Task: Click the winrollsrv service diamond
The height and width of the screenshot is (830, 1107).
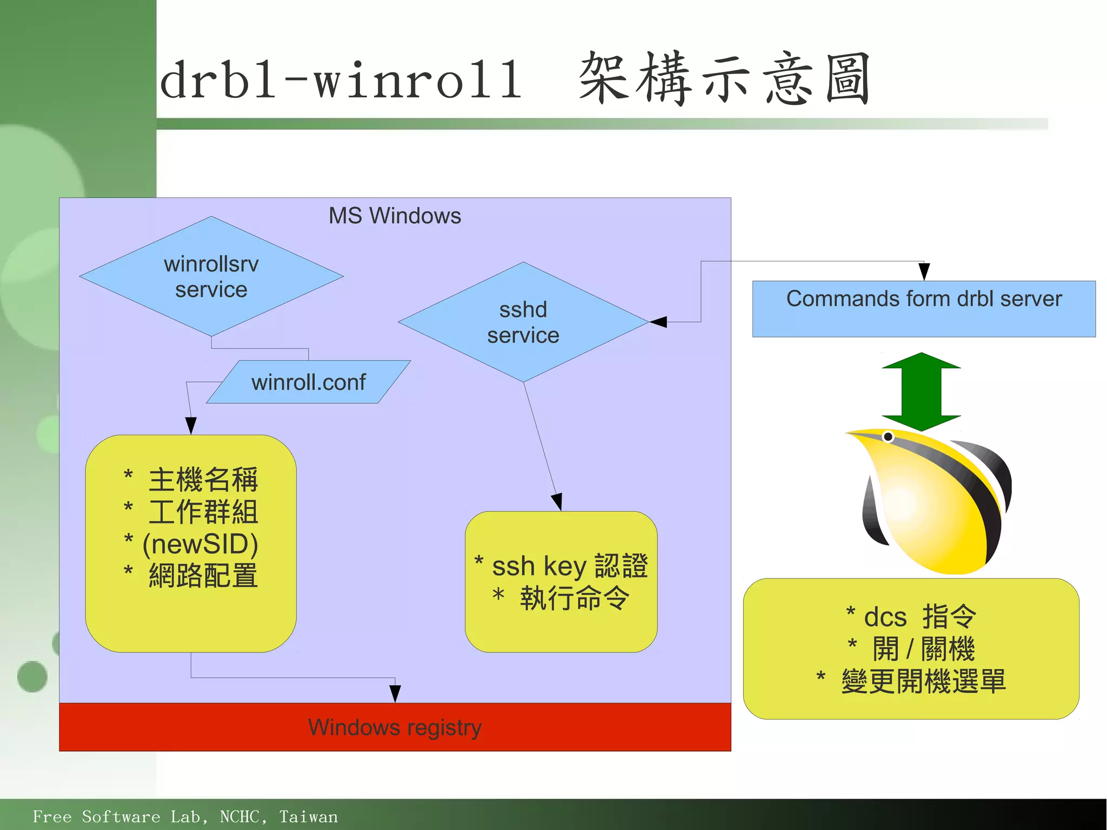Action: (x=211, y=276)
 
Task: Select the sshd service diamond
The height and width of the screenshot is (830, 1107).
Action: (x=523, y=322)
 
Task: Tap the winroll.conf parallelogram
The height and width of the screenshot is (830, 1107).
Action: (x=308, y=382)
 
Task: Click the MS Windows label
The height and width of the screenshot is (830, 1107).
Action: (x=395, y=216)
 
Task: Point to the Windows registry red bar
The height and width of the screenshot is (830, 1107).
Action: (x=395, y=727)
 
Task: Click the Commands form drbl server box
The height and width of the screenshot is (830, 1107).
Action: (x=924, y=308)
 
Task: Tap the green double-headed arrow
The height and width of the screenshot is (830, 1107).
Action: (x=921, y=391)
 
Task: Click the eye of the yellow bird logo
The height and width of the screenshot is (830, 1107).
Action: (x=888, y=436)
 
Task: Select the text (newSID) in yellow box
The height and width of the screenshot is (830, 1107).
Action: (x=200, y=544)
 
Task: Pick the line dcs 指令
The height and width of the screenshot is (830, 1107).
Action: (x=912, y=616)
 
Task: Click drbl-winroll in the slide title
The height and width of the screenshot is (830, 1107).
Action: (x=341, y=80)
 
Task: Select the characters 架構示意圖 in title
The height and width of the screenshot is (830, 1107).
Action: (x=724, y=79)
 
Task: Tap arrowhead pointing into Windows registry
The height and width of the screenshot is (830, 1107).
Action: (x=395, y=694)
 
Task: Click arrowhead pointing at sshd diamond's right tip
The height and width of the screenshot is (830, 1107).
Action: (x=658, y=322)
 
